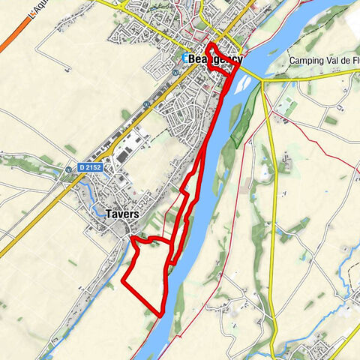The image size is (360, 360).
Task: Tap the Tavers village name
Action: [x=121, y=214]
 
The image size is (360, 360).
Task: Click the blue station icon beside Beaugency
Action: [x=184, y=58]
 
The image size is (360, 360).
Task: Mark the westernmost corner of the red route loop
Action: [x=121, y=284]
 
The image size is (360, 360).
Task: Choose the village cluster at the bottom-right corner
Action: [x=319, y=349]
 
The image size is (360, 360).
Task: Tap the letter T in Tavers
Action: [x=109, y=214]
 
